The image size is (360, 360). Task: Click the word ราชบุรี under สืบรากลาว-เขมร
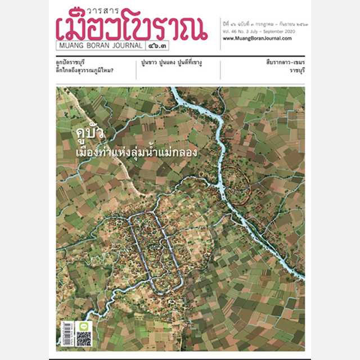click(294, 72)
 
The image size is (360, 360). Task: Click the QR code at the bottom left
click(83, 339)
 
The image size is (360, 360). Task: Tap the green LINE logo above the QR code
click(83, 326)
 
